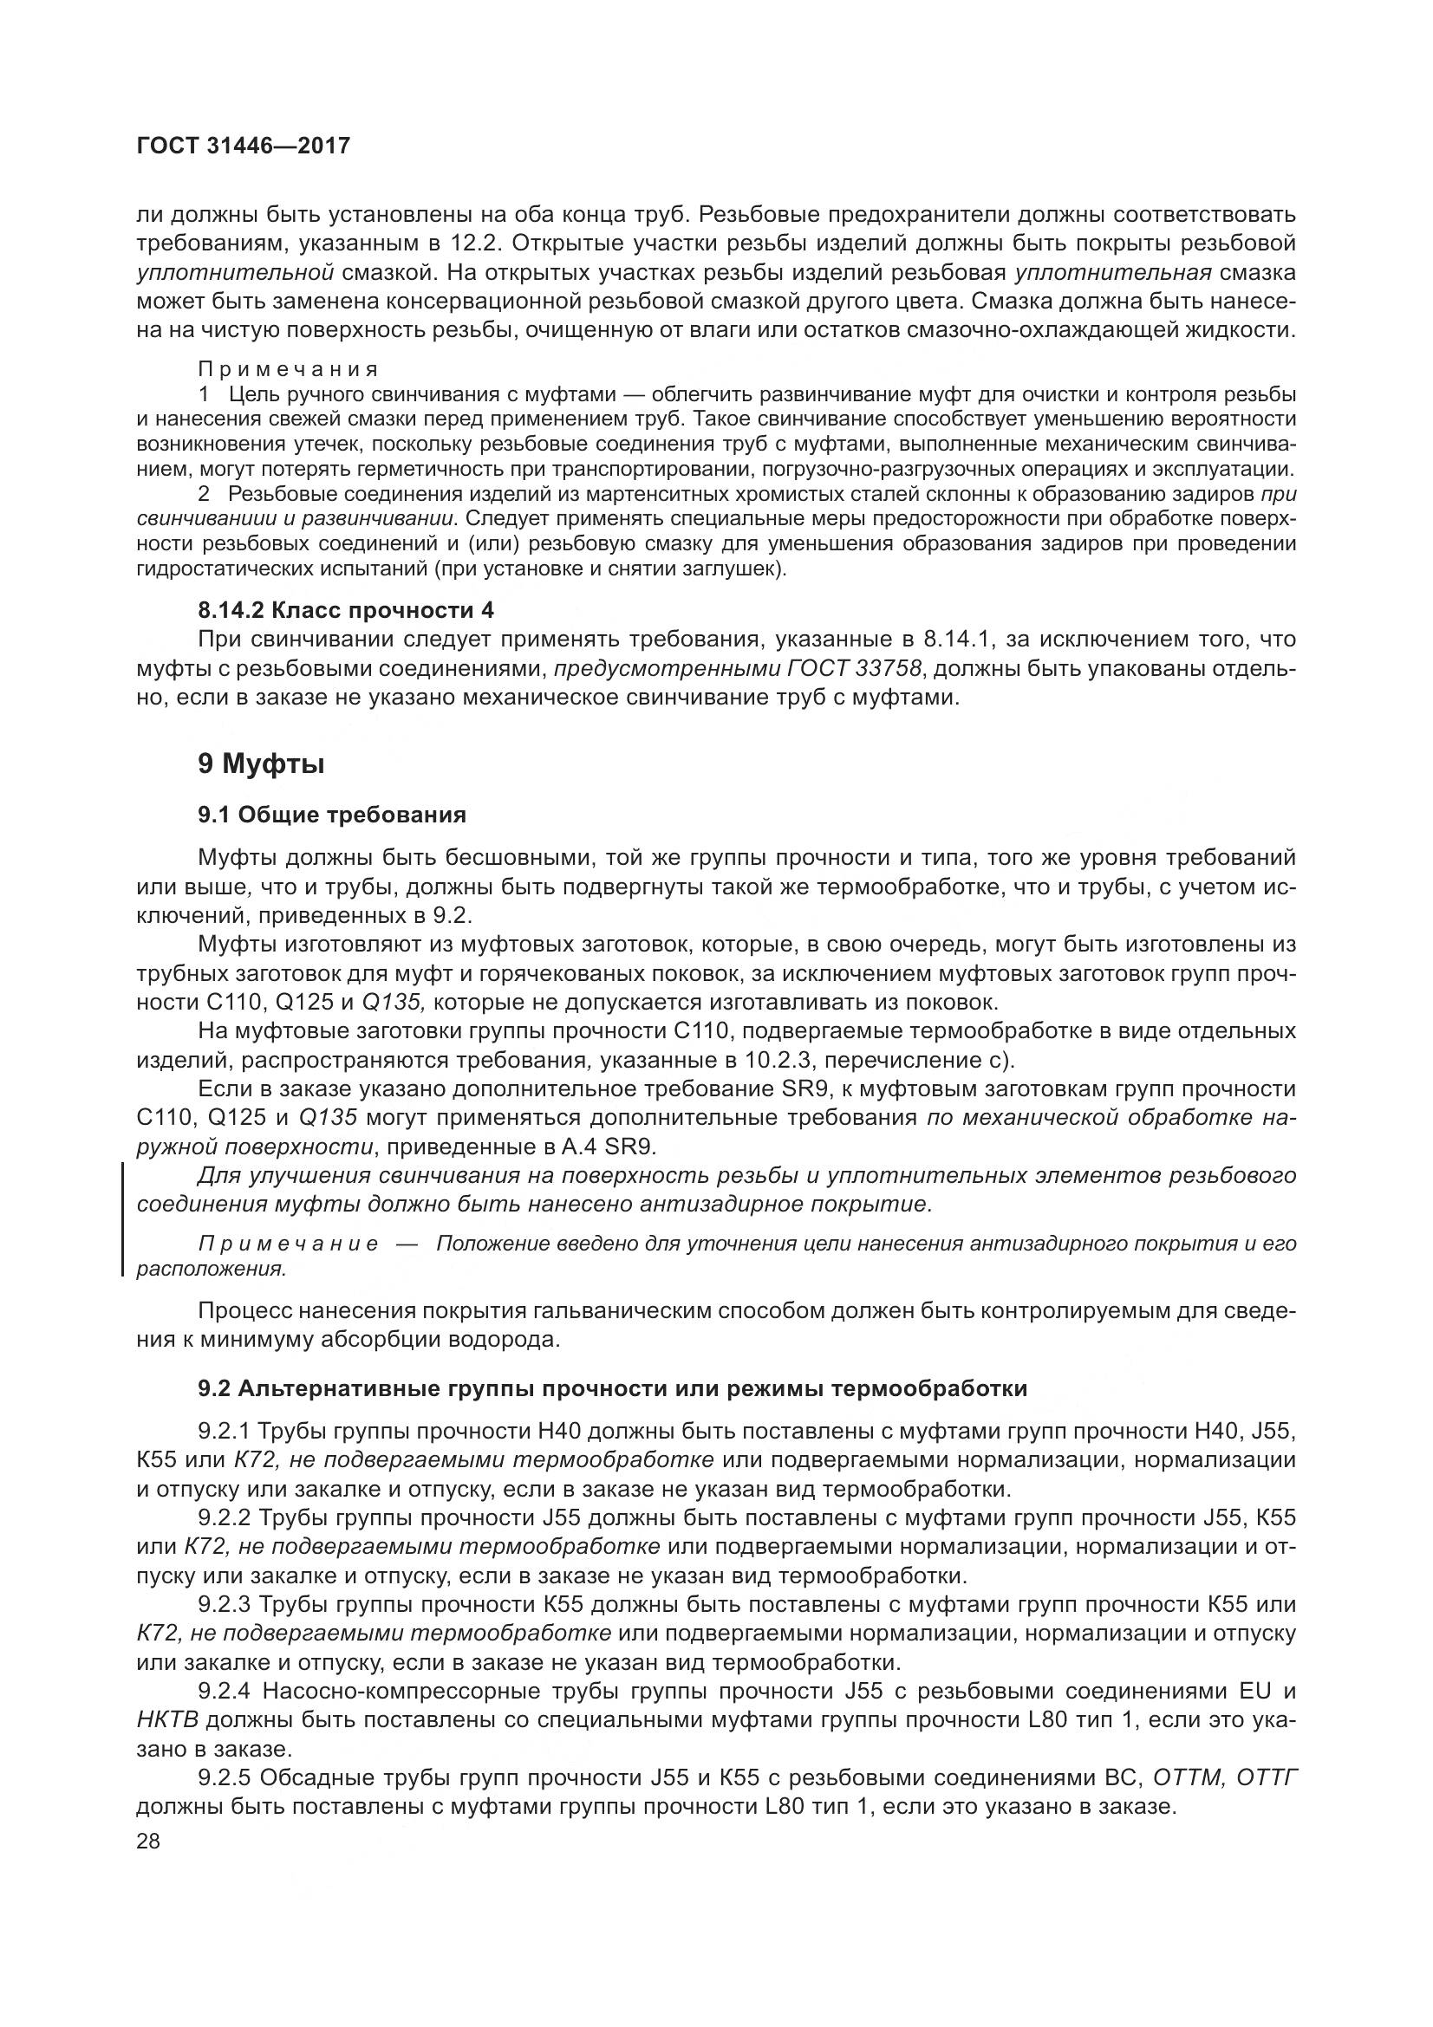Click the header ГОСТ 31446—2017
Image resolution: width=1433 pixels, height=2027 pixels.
pyautogui.click(x=244, y=146)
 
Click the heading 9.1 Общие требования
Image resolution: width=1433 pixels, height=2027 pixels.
pyautogui.click(x=332, y=814)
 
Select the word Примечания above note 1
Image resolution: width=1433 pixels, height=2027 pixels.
pyautogui.click(x=289, y=369)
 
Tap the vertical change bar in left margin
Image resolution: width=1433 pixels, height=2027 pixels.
pyautogui.click(x=123, y=1219)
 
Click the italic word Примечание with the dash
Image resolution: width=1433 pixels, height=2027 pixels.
pyautogui.click(x=289, y=1244)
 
